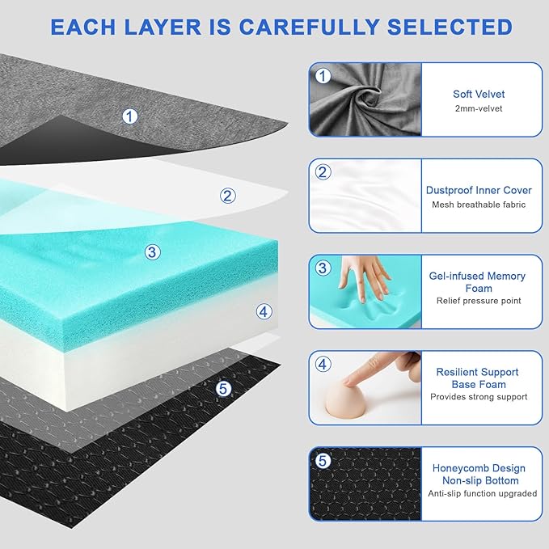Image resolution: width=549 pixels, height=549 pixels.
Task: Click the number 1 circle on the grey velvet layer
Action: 129,116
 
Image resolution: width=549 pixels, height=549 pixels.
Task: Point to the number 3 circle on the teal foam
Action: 152,252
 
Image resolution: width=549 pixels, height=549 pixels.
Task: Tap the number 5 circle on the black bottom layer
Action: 224,388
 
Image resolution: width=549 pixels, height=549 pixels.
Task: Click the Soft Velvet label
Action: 479,95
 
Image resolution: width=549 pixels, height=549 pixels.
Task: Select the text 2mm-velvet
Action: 479,108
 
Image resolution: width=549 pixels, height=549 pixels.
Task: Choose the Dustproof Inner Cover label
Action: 479,191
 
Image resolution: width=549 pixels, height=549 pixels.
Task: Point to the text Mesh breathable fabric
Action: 479,205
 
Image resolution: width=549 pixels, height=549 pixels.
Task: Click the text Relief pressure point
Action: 479,301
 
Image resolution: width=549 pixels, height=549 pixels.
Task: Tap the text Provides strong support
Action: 479,397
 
